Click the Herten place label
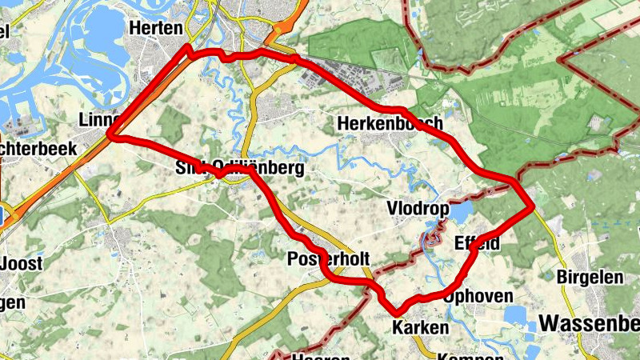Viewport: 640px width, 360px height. click(x=155, y=28)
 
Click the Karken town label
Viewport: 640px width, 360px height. click(x=421, y=328)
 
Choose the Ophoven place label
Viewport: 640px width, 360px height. click(x=478, y=297)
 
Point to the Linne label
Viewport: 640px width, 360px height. click(x=98, y=120)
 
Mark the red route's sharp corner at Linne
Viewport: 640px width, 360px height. click(x=111, y=136)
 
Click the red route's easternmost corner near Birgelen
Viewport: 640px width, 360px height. click(x=531, y=208)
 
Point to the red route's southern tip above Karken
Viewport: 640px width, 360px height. click(x=394, y=312)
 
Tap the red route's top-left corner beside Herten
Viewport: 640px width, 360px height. click(x=188, y=48)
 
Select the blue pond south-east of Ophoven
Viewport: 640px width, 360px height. click(x=516, y=317)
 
